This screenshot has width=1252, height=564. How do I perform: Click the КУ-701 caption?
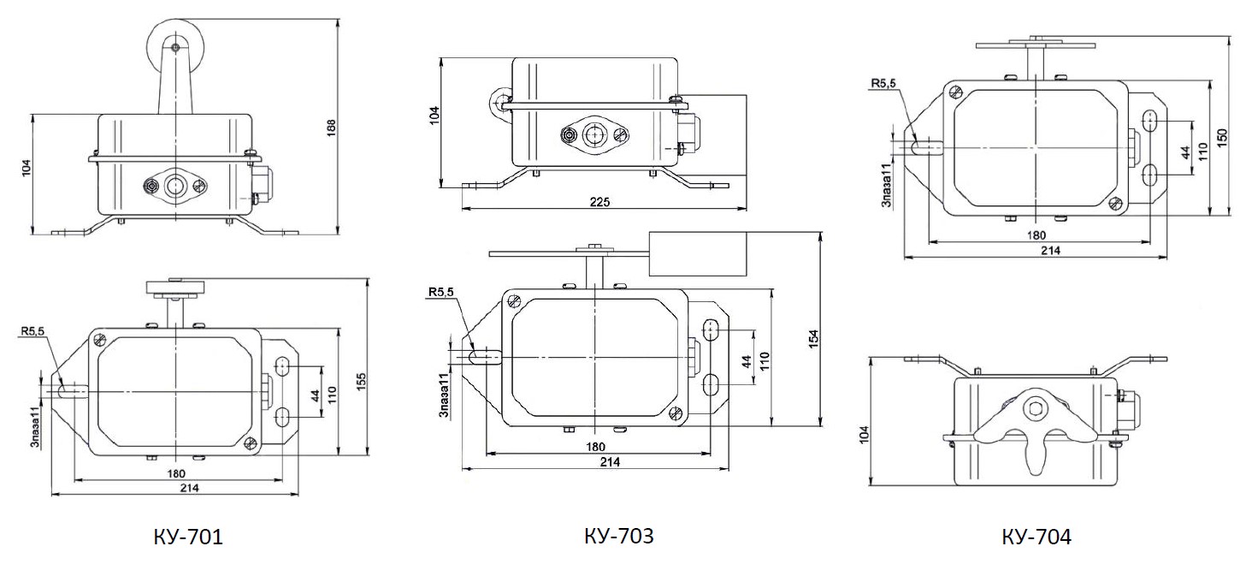(x=188, y=537)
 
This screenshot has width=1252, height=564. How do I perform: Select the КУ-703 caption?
(x=619, y=536)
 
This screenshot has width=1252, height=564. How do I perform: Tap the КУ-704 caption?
(x=1036, y=537)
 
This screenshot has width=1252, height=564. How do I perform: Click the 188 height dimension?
(x=331, y=128)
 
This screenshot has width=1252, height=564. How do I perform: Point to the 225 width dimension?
(x=599, y=201)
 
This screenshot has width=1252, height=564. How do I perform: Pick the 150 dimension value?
(x=1222, y=138)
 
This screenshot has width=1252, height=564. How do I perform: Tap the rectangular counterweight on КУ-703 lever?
(x=698, y=254)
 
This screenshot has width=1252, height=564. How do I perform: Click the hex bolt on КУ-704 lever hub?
(x=1032, y=410)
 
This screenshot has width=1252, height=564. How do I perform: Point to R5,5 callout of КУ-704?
(x=883, y=83)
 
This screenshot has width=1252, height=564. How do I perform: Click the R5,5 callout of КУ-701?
(x=33, y=331)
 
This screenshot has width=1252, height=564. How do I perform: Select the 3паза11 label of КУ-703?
(x=445, y=395)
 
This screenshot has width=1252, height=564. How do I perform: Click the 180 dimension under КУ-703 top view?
(x=596, y=447)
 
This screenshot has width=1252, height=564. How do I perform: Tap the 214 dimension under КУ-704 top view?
(x=1051, y=250)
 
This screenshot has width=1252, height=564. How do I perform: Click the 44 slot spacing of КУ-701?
(x=316, y=395)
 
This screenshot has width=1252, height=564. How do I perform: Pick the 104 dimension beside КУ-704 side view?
(x=865, y=435)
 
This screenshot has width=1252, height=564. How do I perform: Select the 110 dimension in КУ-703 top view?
(x=765, y=361)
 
